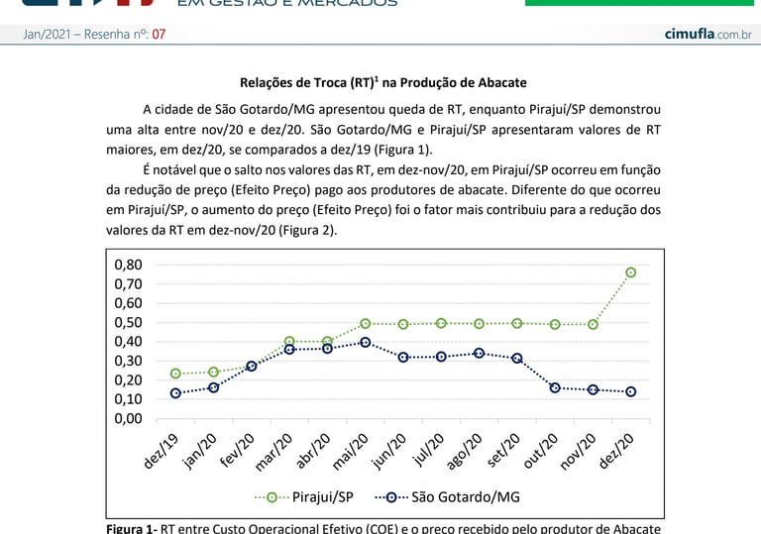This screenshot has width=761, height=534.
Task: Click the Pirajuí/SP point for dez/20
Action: coord(630,272)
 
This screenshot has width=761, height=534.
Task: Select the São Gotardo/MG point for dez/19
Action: coord(175,393)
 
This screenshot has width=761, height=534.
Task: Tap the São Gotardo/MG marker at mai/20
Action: coord(366,342)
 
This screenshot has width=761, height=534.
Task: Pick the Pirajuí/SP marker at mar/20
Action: coord(289,342)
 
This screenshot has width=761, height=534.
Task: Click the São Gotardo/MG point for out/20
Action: coord(555,387)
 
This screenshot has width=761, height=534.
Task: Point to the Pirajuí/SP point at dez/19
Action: coord(175,374)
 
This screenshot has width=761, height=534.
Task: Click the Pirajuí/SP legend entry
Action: coord(307,496)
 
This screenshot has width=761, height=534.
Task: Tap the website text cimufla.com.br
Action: coord(707,35)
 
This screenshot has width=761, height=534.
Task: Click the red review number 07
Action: coord(159,35)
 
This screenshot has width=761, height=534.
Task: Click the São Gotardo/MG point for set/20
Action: coord(516,358)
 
